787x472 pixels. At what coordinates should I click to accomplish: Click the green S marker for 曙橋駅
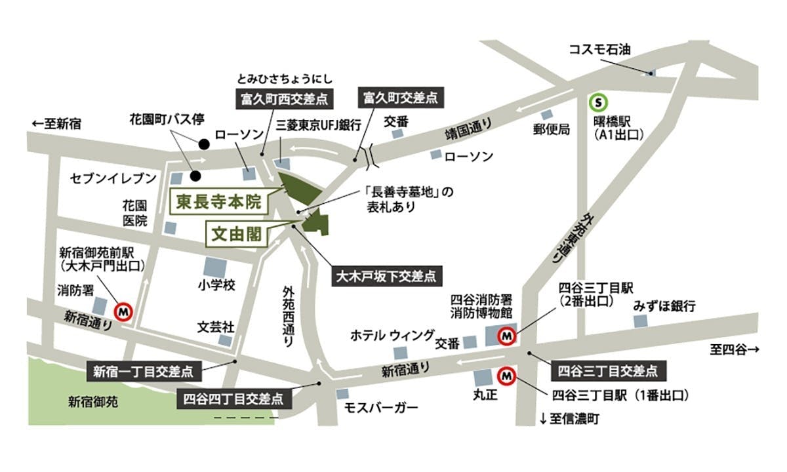click(x=598, y=102)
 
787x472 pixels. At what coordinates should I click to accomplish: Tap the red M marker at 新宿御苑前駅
click(x=124, y=312)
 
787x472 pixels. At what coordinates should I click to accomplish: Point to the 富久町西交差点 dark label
click(x=281, y=100)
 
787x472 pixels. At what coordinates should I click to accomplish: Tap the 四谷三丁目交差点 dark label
click(x=607, y=371)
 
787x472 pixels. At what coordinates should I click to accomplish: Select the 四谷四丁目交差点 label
click(x=233, y=398)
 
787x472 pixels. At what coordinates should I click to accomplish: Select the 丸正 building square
click(x=483, y=378)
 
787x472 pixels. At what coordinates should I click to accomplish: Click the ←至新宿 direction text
click(x=56, y=123)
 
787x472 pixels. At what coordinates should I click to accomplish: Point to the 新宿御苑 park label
click(x=94, y=401)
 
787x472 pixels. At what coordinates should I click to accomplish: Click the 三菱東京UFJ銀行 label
click(x=319, y=124)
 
